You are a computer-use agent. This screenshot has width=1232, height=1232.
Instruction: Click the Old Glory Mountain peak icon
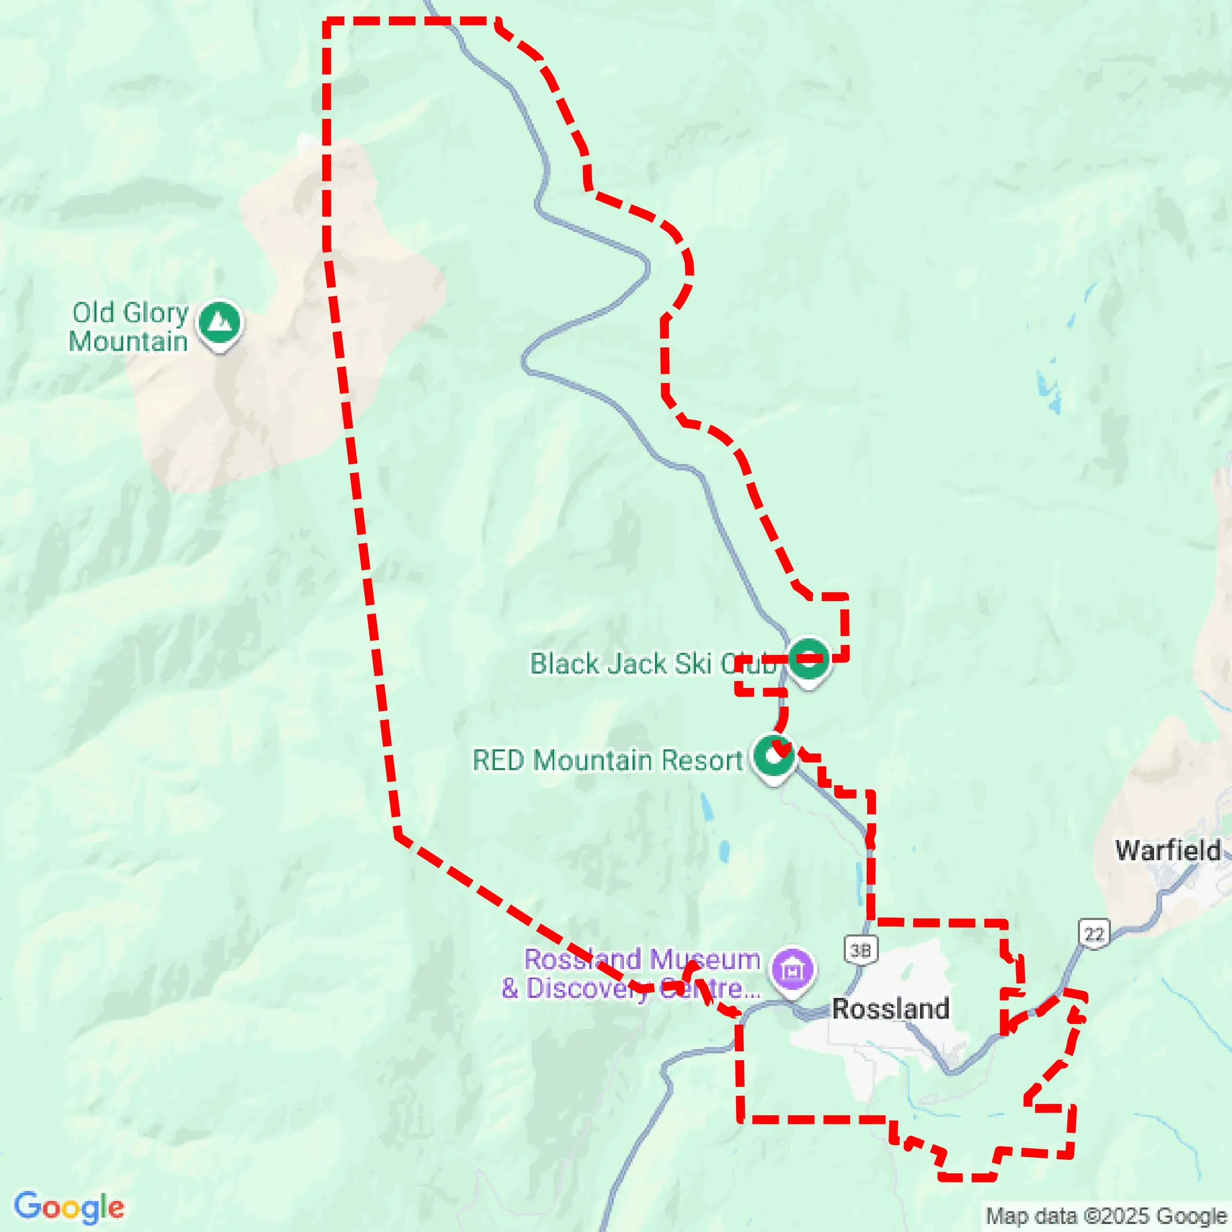[219, 323]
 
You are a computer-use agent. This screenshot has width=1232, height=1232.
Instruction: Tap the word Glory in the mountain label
[156, 313]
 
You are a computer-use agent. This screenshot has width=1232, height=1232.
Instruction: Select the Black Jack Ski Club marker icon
[809, 659]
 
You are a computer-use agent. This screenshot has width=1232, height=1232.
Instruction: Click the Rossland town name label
[891, 1009]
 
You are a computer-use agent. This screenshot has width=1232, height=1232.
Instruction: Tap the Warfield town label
[1167, 850]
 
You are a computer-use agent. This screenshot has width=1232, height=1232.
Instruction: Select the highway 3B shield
[861, 951]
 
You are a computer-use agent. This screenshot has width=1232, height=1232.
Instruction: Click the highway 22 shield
[1094, 934]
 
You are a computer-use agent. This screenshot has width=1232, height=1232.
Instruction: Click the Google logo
[69, 1207]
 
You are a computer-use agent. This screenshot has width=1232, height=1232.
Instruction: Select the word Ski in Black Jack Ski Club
[693, 664]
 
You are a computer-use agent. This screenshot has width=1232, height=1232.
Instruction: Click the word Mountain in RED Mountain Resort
[593, 760]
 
